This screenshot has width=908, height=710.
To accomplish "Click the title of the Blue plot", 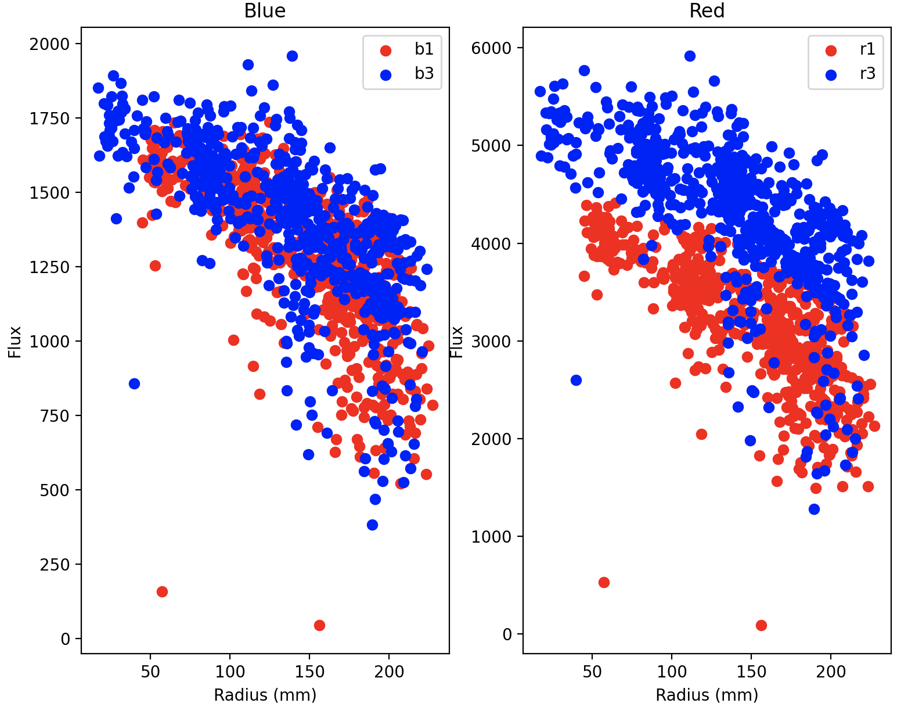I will [265, 11].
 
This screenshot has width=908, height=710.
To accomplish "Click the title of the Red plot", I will [707, 11].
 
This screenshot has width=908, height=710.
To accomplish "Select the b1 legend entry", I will [423, 49].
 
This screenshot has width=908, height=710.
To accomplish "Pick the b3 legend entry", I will [423, 74].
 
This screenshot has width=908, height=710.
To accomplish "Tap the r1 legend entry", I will [867, 49].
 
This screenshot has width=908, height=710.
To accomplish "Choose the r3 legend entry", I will [867, 74].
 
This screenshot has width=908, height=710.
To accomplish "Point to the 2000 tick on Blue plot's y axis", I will [49, 44].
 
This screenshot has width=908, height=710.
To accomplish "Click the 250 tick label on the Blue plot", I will [55, 565].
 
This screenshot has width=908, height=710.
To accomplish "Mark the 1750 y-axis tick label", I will [49, 119].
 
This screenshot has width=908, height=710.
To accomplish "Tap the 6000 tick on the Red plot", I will [491, 48].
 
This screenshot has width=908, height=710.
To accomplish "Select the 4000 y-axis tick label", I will [491, 243].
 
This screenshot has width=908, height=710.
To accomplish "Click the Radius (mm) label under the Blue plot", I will [265, 695].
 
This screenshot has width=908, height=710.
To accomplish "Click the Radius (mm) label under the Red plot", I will [707, 695].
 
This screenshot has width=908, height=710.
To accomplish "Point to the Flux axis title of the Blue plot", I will [15, 342].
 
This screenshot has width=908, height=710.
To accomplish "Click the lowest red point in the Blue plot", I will [319, 625].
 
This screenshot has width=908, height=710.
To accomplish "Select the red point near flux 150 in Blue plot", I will [162, 591].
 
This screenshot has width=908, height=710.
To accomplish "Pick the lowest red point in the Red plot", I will [761, 625].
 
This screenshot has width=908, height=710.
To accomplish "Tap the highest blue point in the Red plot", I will [690, 56].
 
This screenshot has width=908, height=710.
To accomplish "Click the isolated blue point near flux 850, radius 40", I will [134, 383].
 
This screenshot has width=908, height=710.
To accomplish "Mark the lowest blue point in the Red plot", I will [814, 509].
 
